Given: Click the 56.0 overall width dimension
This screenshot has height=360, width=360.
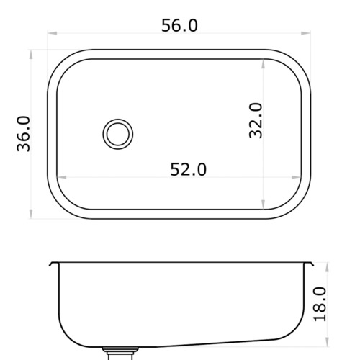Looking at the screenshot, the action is (179, 25).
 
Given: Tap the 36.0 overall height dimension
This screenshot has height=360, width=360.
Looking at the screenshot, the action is (24, 134).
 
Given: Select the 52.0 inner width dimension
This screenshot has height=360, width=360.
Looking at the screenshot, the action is (188, 169).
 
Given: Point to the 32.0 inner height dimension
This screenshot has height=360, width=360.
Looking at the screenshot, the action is (256, 121).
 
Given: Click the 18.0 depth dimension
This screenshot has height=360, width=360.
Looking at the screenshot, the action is (320, 304).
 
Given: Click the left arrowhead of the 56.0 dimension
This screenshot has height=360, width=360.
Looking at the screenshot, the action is (53, 33).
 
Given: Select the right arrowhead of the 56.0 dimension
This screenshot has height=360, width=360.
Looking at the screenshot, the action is (306, 33).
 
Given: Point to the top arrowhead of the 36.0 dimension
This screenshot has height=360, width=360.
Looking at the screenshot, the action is (31, 55).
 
